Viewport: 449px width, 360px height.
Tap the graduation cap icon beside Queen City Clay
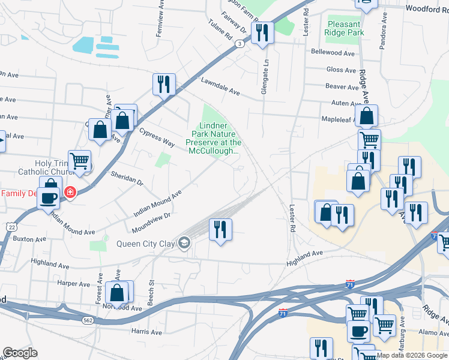[184, 243]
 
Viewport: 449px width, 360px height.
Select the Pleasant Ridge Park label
[343, 28]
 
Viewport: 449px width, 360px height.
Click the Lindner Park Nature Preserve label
[213, 139]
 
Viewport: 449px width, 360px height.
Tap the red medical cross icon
[71, 193]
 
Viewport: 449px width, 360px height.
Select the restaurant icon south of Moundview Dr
[220, 229]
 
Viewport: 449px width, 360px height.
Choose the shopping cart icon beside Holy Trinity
[79, 160]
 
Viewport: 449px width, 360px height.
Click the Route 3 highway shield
[240, 43]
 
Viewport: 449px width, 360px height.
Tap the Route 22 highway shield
[11, 226]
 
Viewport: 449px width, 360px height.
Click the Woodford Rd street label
[427, 8]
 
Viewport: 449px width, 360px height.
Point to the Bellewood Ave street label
[333, 53]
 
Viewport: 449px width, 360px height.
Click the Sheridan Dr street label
[127, 178]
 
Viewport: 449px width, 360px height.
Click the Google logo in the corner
[20, 353]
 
